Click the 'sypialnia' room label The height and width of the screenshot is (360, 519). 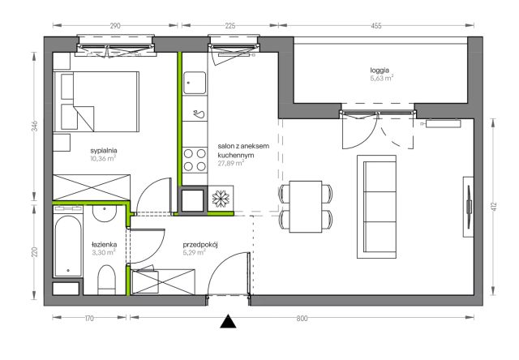[104, 151]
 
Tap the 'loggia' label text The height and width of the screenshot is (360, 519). [380, 71]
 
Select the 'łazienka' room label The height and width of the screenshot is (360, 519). [104, 245]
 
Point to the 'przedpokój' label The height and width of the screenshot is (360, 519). [200, 245]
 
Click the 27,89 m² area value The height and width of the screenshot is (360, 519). [230, 163]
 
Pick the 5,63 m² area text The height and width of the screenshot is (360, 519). [382, 79]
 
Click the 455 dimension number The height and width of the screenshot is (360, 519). [376, 25]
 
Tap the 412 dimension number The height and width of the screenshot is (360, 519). [494, 207]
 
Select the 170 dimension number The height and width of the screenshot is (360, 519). [89, 319]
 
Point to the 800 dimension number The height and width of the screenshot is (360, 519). [302, 319]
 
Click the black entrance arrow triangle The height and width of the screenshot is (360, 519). [229, 322]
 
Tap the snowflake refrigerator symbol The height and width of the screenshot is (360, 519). [221, 199]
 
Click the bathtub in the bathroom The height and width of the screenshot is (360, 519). [68, 245]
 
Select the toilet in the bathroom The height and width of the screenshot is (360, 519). [106, 280]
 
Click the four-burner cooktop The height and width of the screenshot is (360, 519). [195, 161]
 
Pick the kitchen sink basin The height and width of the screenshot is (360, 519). [195, 83]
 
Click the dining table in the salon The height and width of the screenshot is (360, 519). [306, 207]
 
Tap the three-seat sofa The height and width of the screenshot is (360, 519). [376, 207]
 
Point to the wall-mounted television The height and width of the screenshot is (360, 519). [469, 207]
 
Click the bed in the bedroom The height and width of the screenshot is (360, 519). [97, 101]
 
